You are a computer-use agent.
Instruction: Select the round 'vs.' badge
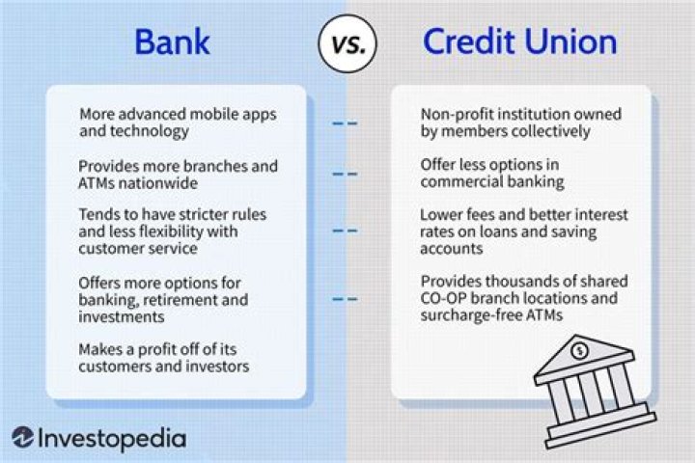[347, 43]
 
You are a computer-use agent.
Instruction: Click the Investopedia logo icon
[23, 437]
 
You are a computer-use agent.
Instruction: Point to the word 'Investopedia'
[114, 437]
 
